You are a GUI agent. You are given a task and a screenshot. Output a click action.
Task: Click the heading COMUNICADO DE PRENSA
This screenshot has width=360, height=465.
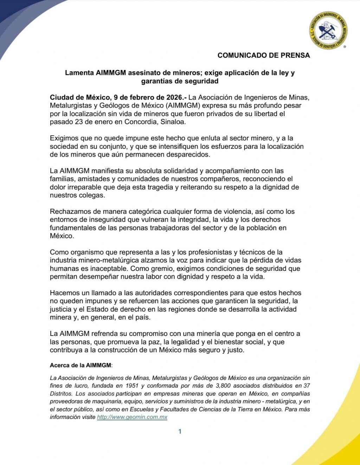264,55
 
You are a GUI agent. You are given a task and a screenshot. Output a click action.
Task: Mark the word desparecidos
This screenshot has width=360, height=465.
189,154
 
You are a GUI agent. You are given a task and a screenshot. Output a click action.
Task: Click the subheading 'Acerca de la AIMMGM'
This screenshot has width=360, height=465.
81,365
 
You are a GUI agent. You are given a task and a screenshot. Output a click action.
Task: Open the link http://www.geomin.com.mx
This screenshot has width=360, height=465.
132,417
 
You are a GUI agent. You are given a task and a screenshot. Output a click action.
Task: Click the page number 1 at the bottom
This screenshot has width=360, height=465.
180,432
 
